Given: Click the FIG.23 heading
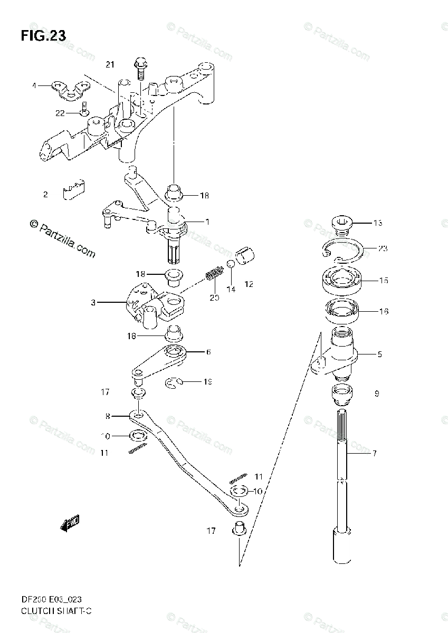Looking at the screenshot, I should click(x=43, y=36).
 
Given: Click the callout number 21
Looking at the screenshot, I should click(x=109, y=65).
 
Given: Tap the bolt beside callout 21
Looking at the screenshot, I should click(x=140, y=65).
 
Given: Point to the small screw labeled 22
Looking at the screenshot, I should click(x=84, y=111).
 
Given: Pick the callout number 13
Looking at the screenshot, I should click(x=377, y=223).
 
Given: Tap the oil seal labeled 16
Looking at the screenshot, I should click(x=341, y=311).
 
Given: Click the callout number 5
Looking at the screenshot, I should click(x=379, y=354).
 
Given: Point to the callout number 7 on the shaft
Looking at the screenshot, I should click(x=375, y=453).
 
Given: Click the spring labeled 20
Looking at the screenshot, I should click(x=213, y=275).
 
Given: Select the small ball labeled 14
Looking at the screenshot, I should click(x=230, y=264).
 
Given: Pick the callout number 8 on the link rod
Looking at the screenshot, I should click(x=108, y=416).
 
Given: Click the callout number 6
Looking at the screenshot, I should click(x=208, y=352).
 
